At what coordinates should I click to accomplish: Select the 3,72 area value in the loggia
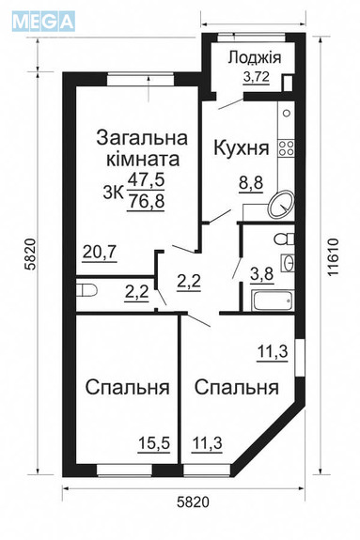[256, 78]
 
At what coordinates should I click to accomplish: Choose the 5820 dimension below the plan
[187, 503]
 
